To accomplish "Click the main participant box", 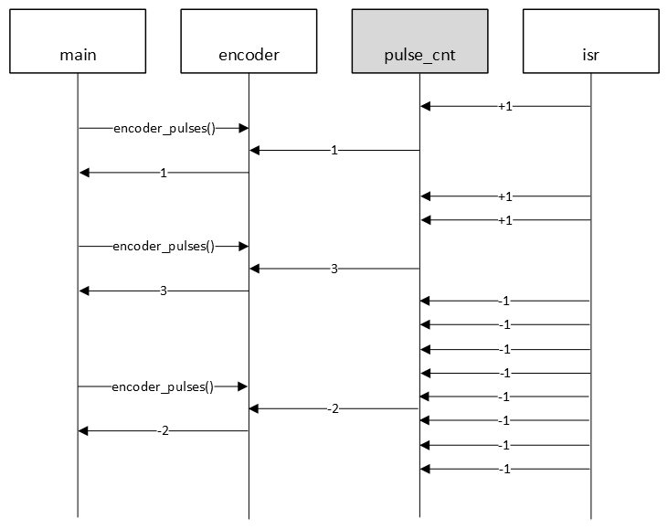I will tap(78, 41).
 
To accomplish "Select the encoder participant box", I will tap(249, 41).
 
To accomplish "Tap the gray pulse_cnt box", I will tap(419, 41).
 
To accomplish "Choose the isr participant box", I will tap(590, 41).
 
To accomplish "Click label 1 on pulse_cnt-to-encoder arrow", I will tap(334, 151).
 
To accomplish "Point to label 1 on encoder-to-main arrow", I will tap(164, 173).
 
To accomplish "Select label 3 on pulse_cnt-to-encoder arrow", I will tap(334, 269).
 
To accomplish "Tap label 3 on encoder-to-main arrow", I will tap(164, 291).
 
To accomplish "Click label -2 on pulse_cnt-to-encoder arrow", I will tap(334, 409).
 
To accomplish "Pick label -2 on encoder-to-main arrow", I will tap(163, 431).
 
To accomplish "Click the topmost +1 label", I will tap(505, 107).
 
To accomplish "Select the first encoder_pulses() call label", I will tap(164, 129).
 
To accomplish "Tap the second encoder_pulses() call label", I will tap(164, 247).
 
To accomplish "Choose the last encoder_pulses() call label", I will tap(163, 387).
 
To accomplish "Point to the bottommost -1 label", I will tap(504, 470).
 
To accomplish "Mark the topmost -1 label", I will tap(504, 302).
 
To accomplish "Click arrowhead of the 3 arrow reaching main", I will tap(84, 291).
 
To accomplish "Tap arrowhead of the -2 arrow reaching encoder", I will tap(255, 409).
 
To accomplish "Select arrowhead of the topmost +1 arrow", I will tap(426, 107).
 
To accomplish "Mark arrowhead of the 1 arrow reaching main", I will tap(84, 173).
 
